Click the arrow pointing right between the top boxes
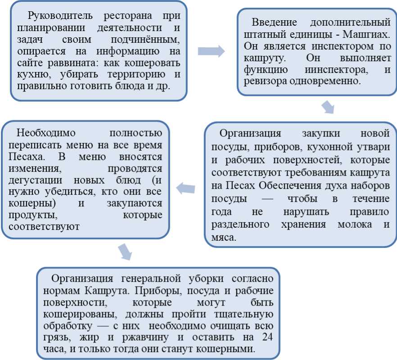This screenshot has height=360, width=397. pos(211,51)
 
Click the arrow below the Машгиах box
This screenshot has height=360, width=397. pos(328,107)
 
